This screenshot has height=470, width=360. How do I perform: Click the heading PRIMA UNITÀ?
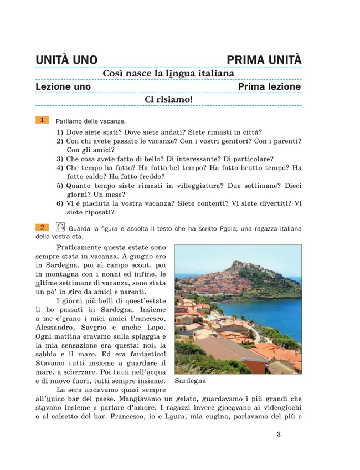tap(264, 59)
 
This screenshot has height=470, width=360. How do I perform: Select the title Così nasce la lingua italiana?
tap(168, 74)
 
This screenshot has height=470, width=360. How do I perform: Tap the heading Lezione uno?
tap(63, 87)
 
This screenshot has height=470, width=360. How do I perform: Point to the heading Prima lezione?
tap(269, 87)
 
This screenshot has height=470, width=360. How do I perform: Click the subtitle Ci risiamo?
tap(168, 100)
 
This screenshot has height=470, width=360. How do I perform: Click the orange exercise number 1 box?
tap(42, 120)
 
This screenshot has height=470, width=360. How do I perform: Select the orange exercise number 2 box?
tap(42, 227)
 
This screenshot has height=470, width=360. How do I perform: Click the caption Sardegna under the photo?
tap(190, 381)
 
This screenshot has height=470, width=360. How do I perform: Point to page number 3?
tap(279, 434)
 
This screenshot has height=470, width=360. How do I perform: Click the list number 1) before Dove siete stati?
tap(60, 132)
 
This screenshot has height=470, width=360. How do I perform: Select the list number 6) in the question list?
tap(60, 203)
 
